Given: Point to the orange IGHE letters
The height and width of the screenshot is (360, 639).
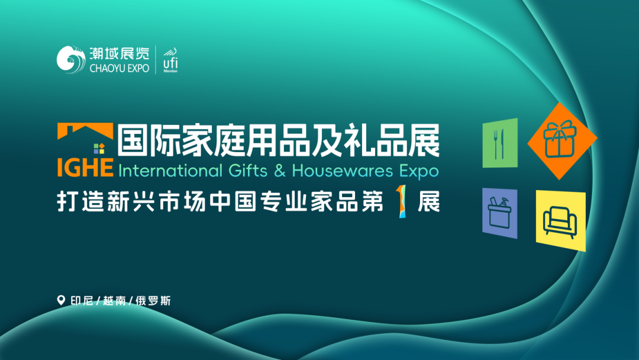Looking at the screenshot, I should pos(85,168).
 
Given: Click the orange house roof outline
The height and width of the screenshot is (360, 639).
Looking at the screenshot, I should pos(85,131).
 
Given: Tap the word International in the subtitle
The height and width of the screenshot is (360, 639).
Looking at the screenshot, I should pos(169,171).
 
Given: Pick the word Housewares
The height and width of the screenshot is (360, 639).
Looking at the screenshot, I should pos(342,171).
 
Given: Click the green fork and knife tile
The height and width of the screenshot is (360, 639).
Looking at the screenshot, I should pos(500,143).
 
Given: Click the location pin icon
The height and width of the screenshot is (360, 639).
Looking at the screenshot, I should pos(60,300).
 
